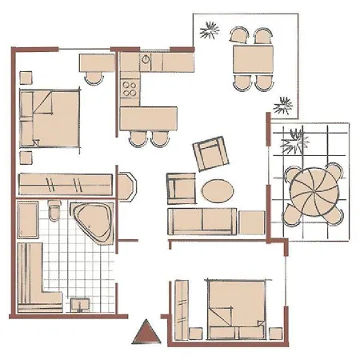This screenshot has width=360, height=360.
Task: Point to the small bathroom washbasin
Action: (79, 304)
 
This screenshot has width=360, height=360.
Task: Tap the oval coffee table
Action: (218, 190)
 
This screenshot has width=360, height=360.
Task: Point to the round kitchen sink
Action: (146, 59)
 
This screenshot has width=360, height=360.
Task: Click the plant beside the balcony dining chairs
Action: (210, 31)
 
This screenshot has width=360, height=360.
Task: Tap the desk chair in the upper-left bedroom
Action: (94, 77)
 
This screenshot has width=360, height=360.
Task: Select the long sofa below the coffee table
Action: (202, 221)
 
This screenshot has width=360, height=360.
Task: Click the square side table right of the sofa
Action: (252, 222)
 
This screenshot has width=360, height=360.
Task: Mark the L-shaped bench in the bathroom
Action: (36, 280)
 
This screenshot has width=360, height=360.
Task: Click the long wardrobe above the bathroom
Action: (64, 183)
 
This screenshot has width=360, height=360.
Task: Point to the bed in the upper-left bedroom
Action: (50, 117)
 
